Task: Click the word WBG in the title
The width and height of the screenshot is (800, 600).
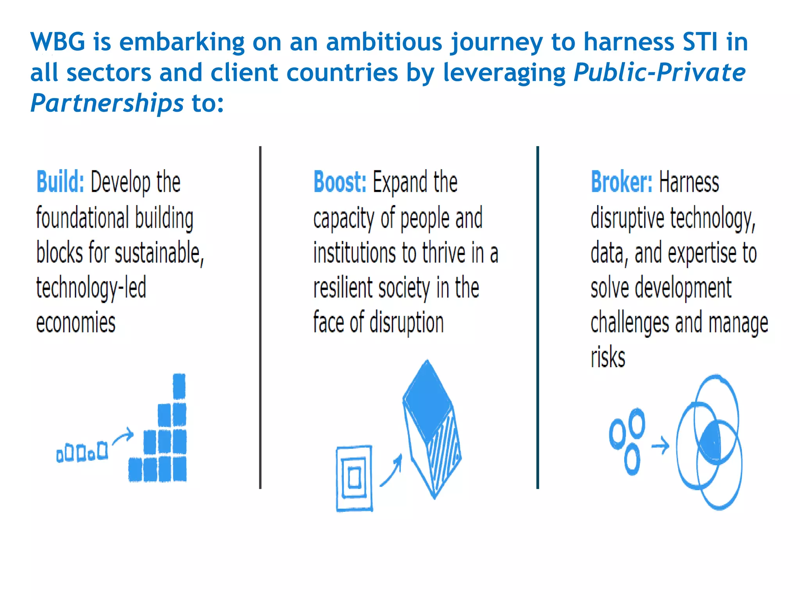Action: click(57, 42)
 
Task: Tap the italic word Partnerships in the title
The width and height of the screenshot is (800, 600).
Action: click(107, 104)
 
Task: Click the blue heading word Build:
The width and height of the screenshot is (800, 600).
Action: click(60, 182)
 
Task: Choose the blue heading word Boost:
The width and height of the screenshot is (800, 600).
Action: click(340, 182)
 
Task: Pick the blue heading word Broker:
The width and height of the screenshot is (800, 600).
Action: click(621, 182)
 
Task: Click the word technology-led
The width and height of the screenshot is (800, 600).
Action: click(91, 288)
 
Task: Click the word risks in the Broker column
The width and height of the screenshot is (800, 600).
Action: click(608, 357)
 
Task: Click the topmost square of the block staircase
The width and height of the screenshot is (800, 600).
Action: click(179, 386)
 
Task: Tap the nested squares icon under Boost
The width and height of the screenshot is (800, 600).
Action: click(354, 478)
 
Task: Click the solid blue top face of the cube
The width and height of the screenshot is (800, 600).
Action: click(428, 400)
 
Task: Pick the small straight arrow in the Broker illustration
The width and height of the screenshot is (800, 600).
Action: click(660, 445)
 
